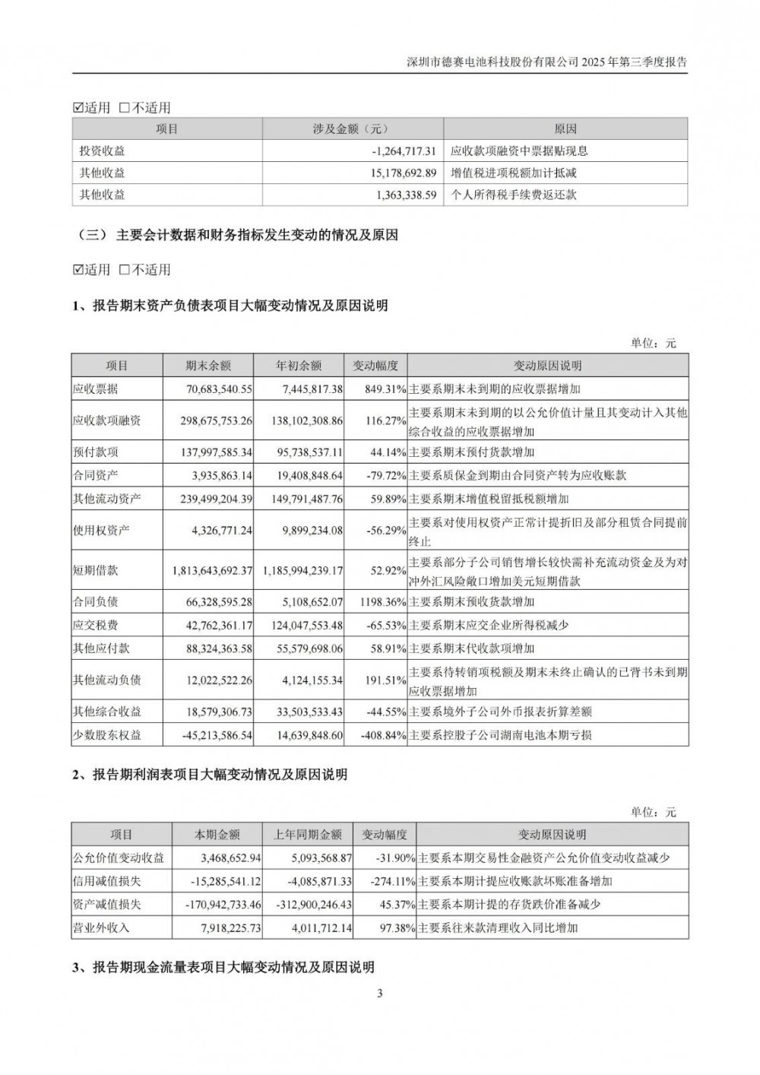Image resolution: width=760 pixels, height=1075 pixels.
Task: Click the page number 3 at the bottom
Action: tap(380, 993)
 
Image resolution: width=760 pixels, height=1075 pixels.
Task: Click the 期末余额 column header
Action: tap(208, 366)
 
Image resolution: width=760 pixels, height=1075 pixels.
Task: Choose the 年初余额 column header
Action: tap(299, 366)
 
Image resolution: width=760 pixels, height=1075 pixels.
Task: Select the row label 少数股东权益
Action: tap(107, 735)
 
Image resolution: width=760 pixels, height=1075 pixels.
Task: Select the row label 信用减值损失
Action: tap(107, 882)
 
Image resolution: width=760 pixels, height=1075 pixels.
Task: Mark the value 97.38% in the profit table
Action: tap(397, 928)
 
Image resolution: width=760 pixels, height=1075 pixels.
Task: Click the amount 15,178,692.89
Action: tap(403, 173)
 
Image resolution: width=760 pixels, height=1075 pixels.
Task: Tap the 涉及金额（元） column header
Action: tap(353, 129)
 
